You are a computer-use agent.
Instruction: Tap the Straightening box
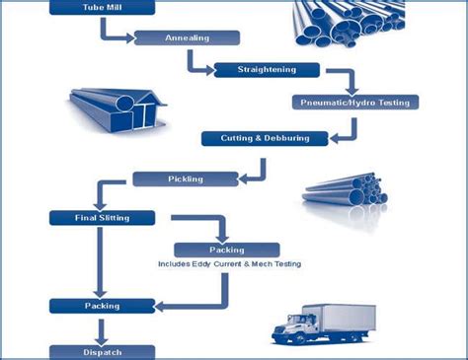click(x=266, y=70)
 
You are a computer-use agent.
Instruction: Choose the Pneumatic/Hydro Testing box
click(x=356, y=102)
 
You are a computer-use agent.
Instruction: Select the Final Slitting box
click(x=103, y=217)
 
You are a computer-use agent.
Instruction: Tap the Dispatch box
click(x=103, y=351)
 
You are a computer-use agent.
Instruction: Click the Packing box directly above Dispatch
click(x=103, y=305)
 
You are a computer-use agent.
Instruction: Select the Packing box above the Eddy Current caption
click(x=227, y=250)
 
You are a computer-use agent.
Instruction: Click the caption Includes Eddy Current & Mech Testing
click(x=229, y=264)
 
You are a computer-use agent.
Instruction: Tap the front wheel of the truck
click(x=295, y=338)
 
